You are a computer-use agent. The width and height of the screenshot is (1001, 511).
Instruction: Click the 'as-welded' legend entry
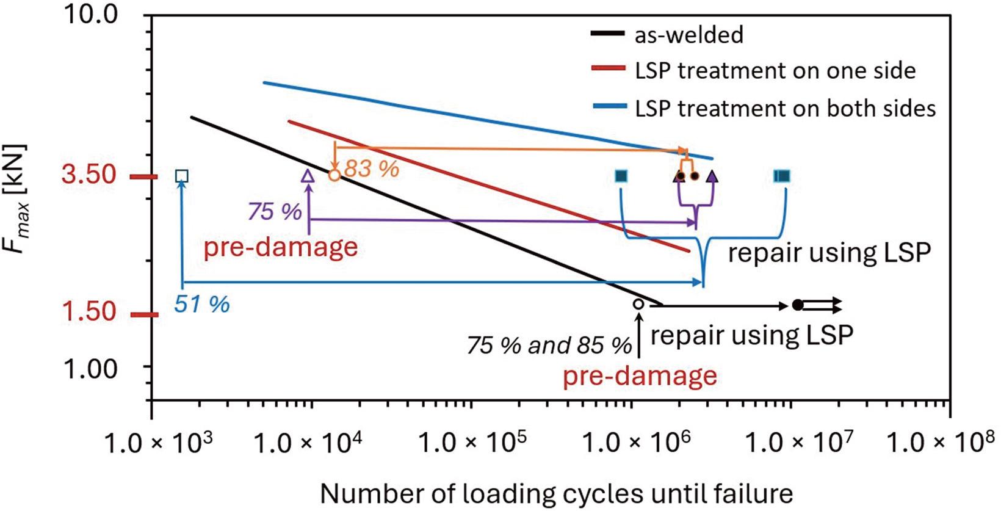pos(688,35)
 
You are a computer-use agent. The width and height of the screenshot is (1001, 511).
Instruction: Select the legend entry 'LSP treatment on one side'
pos(775,71)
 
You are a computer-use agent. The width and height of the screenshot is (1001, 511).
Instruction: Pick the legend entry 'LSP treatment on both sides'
pos(784,109)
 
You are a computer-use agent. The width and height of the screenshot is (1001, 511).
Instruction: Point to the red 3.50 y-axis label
pos(89,175)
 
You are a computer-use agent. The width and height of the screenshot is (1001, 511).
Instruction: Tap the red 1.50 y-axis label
pos(89,312)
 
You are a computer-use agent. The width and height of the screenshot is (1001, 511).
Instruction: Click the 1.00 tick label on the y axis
pos(90,368)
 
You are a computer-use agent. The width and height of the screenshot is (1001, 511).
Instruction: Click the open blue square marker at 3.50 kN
pos(181,176)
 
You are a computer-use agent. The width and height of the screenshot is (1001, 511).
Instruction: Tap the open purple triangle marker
pos(308,176)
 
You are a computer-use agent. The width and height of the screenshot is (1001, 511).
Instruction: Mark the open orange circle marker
pos(334,175)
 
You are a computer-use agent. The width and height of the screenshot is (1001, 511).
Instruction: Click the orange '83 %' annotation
pos(372,168)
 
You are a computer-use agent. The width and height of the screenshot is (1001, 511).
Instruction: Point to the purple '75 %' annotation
pos(275,211)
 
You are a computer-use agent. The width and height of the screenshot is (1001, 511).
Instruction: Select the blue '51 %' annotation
pos(202,303)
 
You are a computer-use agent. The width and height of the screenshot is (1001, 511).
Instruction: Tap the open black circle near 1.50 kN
pos(638,303)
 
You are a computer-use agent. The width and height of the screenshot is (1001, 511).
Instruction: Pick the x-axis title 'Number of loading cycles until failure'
pos(556,493)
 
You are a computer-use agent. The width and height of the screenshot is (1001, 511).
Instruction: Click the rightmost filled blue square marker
pos(782,176)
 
